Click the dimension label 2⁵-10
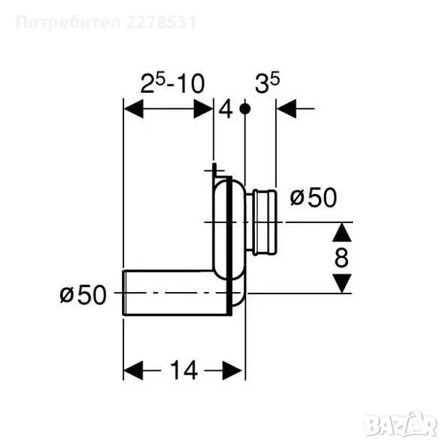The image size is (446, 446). tap(172, 83)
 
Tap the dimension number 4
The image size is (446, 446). tap(225, 110)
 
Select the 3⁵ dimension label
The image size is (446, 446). tap(268, 83)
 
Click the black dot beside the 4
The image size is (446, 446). tap(245, 109)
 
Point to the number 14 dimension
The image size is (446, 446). tap(184, 370)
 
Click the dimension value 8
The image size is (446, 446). tap(341, 257)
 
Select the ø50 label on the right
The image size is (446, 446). tap(314, 198)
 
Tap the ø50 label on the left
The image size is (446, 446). tap(83, 295)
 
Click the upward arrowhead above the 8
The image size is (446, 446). tap(342, 233)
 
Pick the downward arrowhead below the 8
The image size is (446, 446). tap(342, 283)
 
